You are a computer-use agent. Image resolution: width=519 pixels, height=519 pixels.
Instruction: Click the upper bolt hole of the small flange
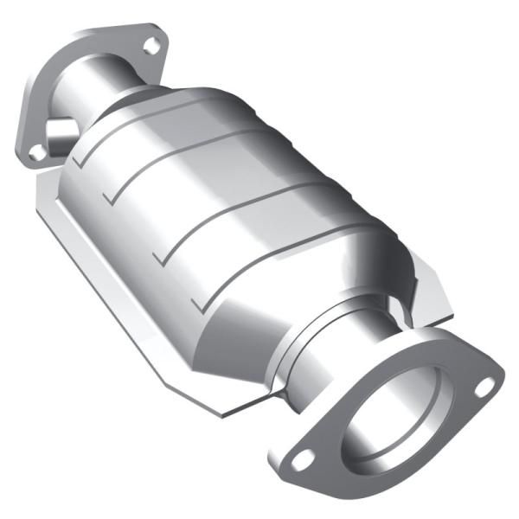(152, 46)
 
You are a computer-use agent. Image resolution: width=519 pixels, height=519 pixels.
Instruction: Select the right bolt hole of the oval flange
(485, 383)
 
